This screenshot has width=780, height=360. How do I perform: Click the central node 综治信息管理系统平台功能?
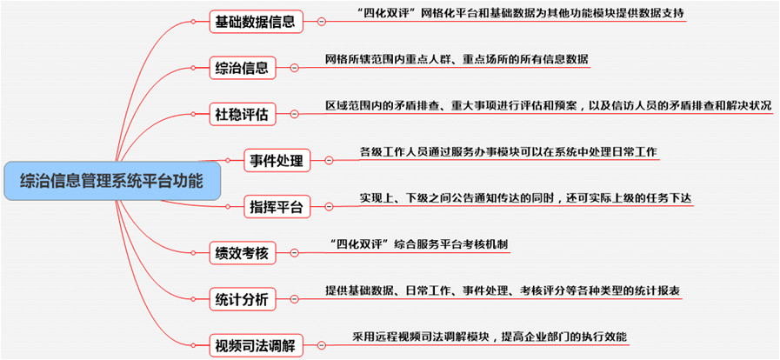pos(112,183)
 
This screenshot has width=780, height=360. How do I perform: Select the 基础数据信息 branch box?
pos(257,22)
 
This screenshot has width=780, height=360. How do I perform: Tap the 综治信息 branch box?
pos(241,68)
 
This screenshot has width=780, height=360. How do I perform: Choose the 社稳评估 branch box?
pos(241,115)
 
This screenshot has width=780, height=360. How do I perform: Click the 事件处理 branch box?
pos(276,161)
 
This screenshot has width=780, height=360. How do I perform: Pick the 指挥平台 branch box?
pos(276,207)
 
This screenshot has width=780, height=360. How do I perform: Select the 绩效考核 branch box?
pos(241,253)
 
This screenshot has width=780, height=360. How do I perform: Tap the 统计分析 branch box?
pos(241,300)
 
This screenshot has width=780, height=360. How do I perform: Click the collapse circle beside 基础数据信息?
pos(322,22)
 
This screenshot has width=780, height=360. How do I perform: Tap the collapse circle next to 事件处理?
pos(329,161)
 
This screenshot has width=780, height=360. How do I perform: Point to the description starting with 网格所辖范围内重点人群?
pos(457,59)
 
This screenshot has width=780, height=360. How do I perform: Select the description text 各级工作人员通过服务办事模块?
pos(508,152)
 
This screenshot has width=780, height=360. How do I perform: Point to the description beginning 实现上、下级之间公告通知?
pos(525,198)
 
